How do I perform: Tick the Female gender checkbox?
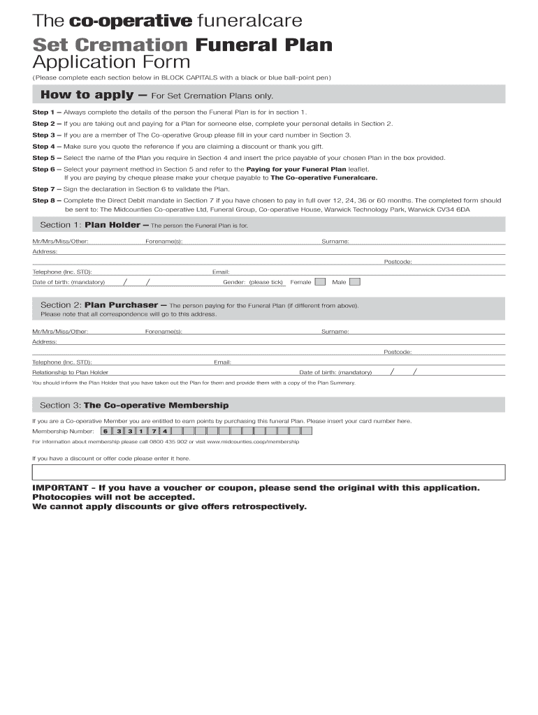click(320, 282)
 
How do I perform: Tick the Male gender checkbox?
click(355, 282)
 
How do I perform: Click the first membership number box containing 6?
click(106, 431)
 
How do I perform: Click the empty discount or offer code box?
click(268, 472)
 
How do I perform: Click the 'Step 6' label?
click(43, 169)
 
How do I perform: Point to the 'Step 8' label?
click(43, 200)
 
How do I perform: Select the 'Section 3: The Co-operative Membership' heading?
click(133, 405)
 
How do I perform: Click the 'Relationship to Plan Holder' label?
click(70, 372)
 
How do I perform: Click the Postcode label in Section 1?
click(398, 262)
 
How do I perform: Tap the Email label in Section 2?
click(222, 362)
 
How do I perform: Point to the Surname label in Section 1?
click(335, 242)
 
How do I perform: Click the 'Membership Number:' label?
click(63, 431)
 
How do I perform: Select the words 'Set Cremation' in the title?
click(110, 46)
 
